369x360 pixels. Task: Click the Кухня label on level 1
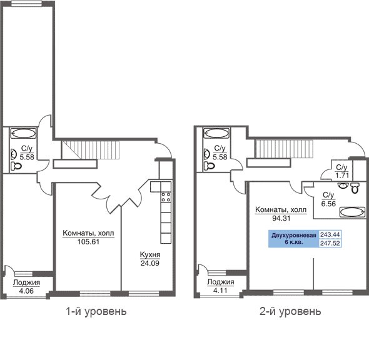[150, 254]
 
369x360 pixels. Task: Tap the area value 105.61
[88, 242]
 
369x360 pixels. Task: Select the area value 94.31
[281, 218]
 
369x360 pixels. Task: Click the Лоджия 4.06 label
[26, 287]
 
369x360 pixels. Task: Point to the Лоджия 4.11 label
[221, 286]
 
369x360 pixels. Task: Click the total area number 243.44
[330, 234]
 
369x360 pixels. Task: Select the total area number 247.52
[330, 243]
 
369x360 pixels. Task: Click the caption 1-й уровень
[96, 312]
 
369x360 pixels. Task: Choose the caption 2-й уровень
[290, 311]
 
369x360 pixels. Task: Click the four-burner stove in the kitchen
[166, 197]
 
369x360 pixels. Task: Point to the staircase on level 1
[91, 150]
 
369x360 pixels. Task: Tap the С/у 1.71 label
[342, 171]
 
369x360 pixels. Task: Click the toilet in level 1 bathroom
[16, 166]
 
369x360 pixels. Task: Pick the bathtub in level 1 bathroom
[23, 134]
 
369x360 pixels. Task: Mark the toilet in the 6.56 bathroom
[355, 187]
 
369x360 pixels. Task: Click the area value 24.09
[150, 263]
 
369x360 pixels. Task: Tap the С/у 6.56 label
[328, 199]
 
